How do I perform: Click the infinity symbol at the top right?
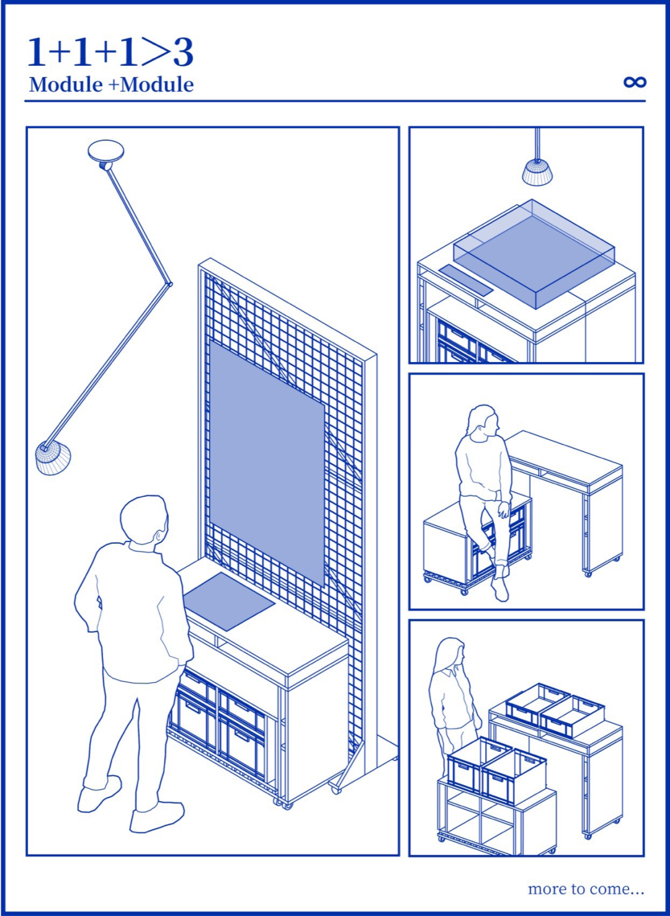click(x=635, y=82)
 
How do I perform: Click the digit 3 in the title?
click(x=183, y=53)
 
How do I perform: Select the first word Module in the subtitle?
click(x=65, y=84)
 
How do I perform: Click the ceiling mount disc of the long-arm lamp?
click(x=106, y=151)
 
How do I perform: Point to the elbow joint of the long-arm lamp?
click(x=169, y=283)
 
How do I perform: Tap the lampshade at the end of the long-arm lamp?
click(x=53, y=458)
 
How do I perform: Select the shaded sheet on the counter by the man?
click(x=229, y=601)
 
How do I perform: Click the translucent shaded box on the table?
click(x=534, y=254)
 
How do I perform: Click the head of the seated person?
click(x=485, y=420)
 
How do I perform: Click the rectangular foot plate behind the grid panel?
click(x=386, y=749)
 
